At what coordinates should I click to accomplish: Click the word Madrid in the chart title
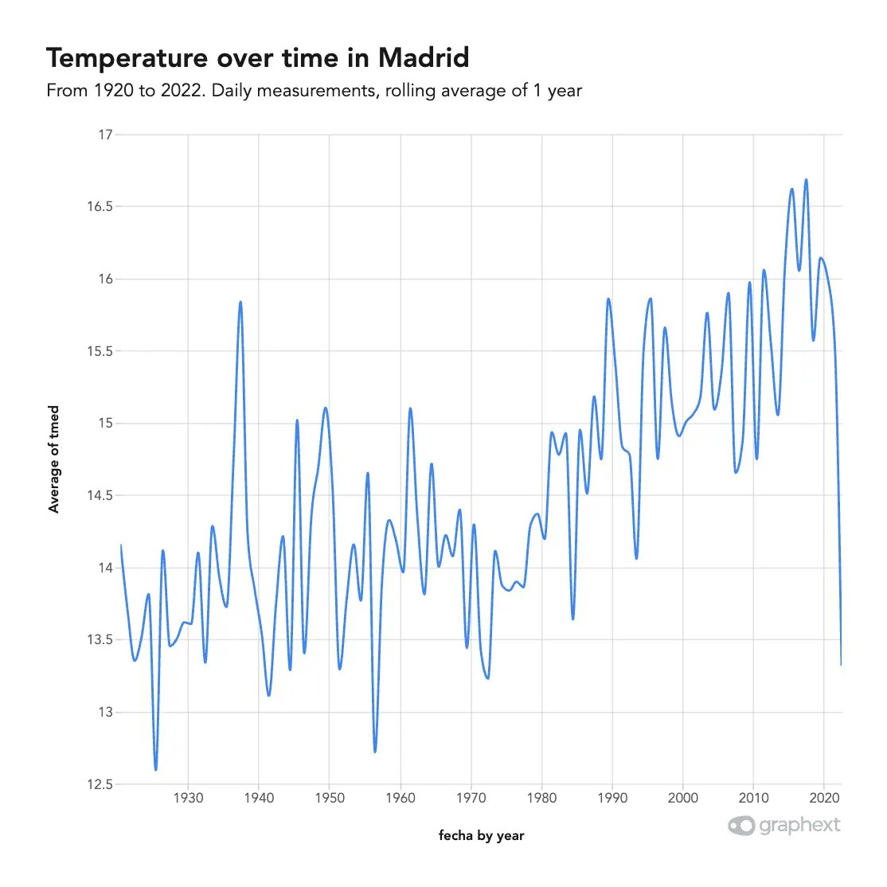pos(423,58)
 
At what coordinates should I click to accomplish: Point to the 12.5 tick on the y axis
pos(100,784)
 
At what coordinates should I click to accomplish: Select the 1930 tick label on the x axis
pos(188,798)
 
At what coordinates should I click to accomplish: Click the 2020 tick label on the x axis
pos(823,798)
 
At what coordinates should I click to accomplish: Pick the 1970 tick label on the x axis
pos(471,798)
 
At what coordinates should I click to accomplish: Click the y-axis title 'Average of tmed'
pos(54,459)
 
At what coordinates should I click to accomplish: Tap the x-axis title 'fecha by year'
pos(481,835)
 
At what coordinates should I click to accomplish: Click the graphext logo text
pos(799,825)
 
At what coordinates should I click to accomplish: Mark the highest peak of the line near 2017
pos(806,180)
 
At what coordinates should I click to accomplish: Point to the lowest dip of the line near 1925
pos(156,769)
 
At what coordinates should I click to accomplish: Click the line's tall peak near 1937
pos(240,303)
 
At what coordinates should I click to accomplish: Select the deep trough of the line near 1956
pos(374,751)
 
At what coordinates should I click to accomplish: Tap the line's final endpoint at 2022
pos(841,663)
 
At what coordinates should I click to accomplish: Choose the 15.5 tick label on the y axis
pos(100,351)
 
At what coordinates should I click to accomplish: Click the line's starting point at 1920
pos(121,545)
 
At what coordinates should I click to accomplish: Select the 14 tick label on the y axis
pos(105,568)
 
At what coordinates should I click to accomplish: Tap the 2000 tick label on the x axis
pos(682,798)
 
